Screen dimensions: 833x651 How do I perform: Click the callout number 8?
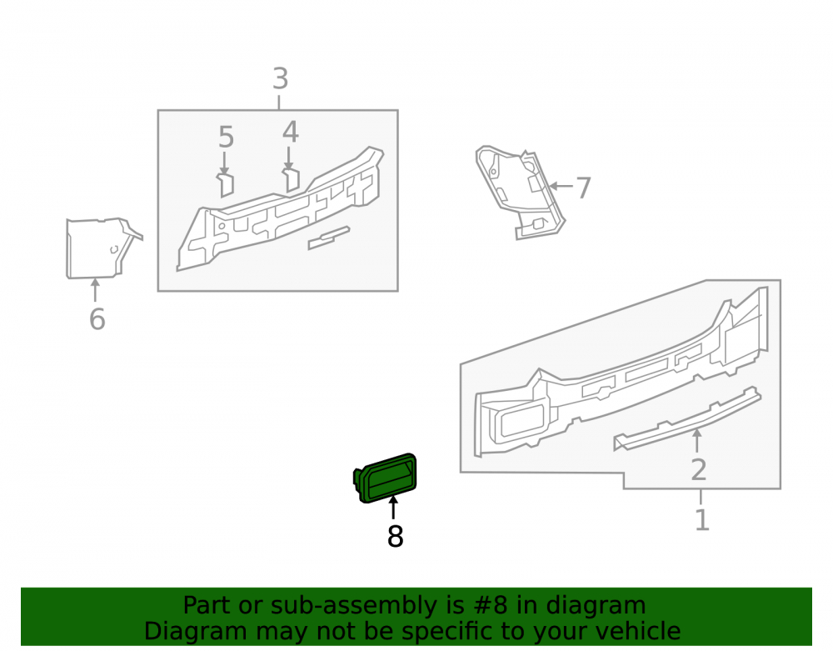(395, 536)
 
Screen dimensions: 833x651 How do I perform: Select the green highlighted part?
(386, 478)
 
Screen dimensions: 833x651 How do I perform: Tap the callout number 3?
(281, 78)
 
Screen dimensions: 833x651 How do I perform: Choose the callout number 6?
(97, 319)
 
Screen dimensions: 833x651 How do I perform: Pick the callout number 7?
(583, 188)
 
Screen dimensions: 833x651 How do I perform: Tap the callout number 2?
(699, 470)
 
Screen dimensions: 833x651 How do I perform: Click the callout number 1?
(701, 519)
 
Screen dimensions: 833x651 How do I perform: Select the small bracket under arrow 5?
(226, 184)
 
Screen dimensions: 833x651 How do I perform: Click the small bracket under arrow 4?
(291, 179)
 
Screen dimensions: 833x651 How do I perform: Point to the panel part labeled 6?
(101, 248)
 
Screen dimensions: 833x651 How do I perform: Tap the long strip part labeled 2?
(687, 418)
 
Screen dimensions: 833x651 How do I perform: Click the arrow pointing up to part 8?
(393, 507)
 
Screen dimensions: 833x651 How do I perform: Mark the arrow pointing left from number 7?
(561, 186)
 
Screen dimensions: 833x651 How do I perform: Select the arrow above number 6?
(95, 290)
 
